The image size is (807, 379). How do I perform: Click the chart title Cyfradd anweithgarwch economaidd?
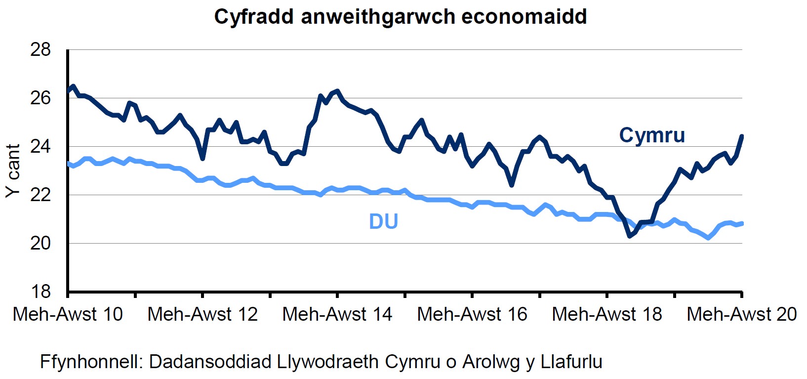click(x=401, y=17)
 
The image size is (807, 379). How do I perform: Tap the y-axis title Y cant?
click(x=13, y=170)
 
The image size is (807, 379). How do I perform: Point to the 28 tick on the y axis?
click(x=40, y=49)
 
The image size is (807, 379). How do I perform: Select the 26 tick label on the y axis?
click(x=40, y=98)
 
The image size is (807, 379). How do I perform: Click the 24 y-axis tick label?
click(x=40, y=146)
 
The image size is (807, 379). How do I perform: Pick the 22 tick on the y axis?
click(x=40, y=195)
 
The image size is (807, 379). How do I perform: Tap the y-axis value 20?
click(x=40, y=243)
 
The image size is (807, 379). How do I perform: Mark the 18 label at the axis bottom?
click(x=40, y=292)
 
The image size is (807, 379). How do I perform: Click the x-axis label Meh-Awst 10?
click(x=68, y=314)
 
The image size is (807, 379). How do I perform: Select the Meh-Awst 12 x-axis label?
click(x=202, y=314)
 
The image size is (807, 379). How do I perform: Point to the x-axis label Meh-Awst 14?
click(x=337, y=314)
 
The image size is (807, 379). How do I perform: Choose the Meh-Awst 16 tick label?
click(x=472, y=314)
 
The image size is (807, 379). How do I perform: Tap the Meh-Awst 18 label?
click(x=607, y=314)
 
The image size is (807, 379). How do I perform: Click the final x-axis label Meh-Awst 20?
click(x=741, y=314)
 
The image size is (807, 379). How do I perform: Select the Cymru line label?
click(x=652, y=135)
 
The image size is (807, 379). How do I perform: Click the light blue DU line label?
click(x=383, y=221)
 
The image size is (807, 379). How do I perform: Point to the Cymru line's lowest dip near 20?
click(x=630, y=236)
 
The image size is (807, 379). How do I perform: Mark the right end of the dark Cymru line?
click(x=741, y=136)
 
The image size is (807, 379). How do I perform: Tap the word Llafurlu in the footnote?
click(x=571, y=362)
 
